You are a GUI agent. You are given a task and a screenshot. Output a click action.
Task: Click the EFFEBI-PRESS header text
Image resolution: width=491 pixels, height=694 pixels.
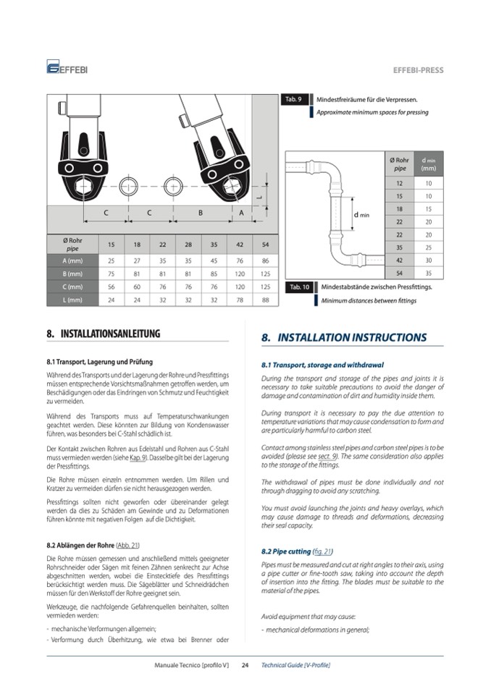418,70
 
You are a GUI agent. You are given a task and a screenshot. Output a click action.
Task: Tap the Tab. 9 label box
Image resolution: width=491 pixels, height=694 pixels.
294,99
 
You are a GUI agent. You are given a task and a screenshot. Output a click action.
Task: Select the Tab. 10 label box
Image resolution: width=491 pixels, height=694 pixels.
299,287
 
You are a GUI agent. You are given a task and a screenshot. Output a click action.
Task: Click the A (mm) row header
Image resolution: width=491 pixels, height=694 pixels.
72,260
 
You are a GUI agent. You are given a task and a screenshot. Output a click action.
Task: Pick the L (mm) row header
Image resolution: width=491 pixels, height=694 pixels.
72,300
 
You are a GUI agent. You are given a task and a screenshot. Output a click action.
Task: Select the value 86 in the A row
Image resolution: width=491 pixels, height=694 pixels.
266,260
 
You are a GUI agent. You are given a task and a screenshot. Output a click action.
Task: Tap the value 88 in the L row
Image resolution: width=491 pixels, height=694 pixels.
266,300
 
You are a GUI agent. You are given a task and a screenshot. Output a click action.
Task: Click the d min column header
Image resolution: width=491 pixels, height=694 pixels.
428,164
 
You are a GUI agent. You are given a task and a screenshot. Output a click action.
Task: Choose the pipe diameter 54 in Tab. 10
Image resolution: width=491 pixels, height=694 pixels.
399,274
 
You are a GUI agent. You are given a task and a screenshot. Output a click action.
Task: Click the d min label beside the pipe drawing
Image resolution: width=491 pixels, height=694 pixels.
361,216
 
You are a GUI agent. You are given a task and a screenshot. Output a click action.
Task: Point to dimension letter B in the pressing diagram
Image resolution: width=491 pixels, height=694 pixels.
201,213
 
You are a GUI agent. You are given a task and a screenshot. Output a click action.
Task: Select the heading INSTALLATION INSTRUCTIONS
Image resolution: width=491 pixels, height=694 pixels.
343,338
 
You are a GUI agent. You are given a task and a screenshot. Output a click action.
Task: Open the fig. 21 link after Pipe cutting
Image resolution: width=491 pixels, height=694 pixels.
322,551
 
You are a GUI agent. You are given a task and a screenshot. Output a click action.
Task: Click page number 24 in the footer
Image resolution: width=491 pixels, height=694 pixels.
245,665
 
